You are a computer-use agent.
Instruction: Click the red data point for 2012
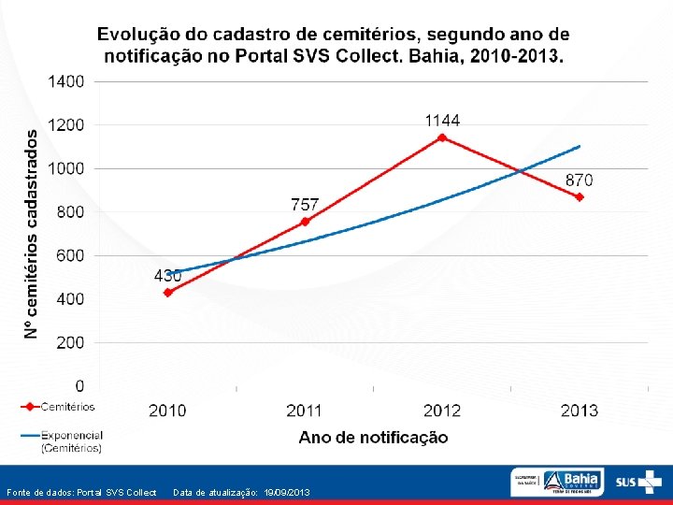(442, 137)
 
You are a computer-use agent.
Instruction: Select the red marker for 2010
(168, 293)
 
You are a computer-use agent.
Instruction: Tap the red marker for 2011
(305, 222)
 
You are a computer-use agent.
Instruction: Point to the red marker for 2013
(580, 197)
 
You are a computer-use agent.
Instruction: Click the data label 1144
(442, 121)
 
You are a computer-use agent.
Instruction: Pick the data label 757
(305, 204)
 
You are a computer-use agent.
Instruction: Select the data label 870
(579, 180)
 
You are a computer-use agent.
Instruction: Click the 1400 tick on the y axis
(66, 81)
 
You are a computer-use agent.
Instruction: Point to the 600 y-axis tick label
(70, 255)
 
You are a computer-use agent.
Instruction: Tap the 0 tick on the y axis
(79, 385)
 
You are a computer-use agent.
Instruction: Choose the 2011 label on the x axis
(305, 410)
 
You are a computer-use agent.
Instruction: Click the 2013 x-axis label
(580, 410)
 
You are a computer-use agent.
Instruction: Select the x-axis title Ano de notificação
(373, 437)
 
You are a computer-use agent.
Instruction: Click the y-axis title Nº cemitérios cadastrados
(32, 234)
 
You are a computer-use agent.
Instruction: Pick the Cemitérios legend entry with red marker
(66, 407)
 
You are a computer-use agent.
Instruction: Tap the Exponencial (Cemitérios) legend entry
(71, 441)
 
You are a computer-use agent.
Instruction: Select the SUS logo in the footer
(636, 482)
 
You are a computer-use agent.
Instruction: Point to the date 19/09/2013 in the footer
(285, 492)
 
